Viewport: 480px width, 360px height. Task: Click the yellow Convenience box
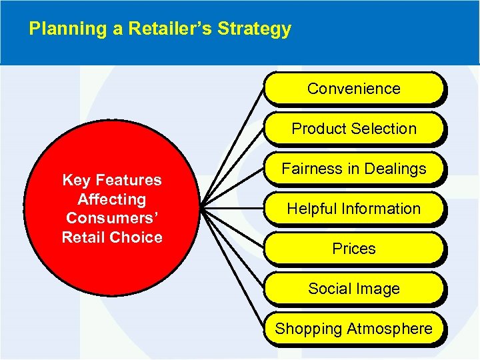[353, 89]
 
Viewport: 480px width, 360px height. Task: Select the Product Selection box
[353, 129]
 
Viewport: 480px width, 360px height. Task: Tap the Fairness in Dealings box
[353, 169]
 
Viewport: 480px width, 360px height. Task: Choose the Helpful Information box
[353, 209]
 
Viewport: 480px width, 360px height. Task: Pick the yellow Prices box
[353, 249]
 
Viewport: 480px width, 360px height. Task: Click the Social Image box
[353, 289]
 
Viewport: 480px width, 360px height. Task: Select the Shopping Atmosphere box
[353, 329]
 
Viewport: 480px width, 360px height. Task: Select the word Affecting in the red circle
[111, 199]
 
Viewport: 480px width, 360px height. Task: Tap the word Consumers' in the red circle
[111, 218]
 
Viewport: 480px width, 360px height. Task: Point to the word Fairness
[310, 169]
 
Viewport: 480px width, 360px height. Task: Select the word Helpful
[311, 209]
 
